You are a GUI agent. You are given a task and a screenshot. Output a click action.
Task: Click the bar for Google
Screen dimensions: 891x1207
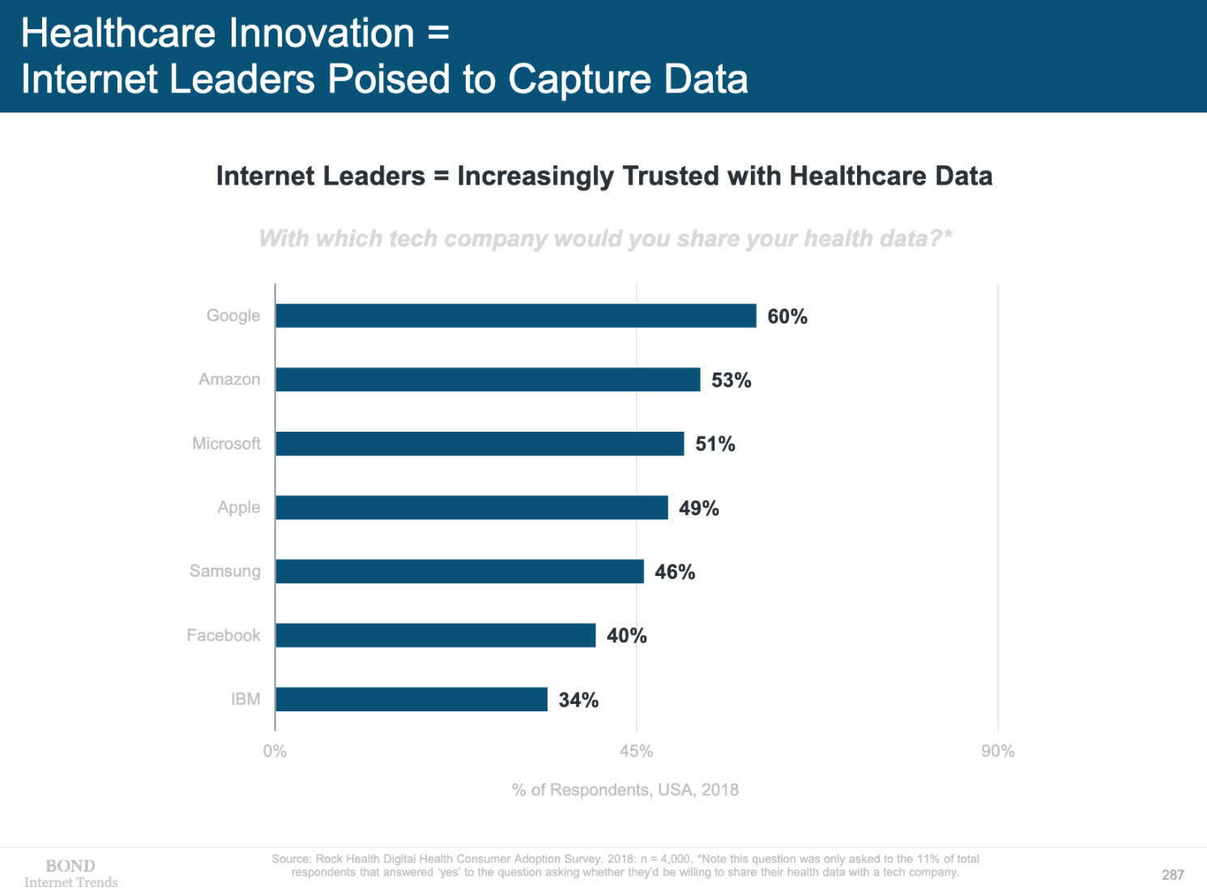pos(515,316)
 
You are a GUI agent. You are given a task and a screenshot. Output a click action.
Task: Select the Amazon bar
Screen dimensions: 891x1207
pos(488,380)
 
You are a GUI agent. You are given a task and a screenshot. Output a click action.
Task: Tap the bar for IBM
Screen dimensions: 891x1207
pos(412,699)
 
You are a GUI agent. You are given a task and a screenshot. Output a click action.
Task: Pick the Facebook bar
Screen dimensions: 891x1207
pos(435,636)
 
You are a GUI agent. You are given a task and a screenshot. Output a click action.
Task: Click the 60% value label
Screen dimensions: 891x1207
pos(787,317)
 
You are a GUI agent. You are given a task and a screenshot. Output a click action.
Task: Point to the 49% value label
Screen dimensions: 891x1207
pos(699,509)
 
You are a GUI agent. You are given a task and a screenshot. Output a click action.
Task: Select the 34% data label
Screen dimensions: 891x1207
pos(578,700)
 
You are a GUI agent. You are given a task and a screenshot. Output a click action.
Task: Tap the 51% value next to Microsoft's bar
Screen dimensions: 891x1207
pos(715,444)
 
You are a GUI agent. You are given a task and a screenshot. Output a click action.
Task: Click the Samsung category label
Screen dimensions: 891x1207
pos(225,571)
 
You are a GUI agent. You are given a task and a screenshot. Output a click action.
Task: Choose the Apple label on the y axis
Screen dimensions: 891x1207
pos(239,508)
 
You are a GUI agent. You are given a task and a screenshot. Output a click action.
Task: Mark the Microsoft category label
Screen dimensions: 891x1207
pos(227,444)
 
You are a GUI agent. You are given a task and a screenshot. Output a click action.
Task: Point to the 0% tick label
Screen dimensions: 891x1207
pos(275,752)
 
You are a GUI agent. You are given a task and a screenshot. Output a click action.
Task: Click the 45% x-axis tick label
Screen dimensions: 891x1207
pos(636,752)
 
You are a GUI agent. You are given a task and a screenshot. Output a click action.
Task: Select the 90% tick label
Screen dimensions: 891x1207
pos(997,752)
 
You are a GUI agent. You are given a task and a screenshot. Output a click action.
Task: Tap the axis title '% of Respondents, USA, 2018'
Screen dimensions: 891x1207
pos(625,790)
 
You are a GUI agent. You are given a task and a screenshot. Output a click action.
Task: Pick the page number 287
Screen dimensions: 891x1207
pos(1172,875)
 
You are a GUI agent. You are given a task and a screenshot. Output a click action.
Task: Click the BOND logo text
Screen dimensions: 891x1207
pos(70,866)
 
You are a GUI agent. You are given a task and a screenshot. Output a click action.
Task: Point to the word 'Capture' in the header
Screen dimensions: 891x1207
pos(580,79)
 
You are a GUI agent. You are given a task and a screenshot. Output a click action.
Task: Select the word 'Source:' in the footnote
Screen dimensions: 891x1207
pos(292,859)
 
